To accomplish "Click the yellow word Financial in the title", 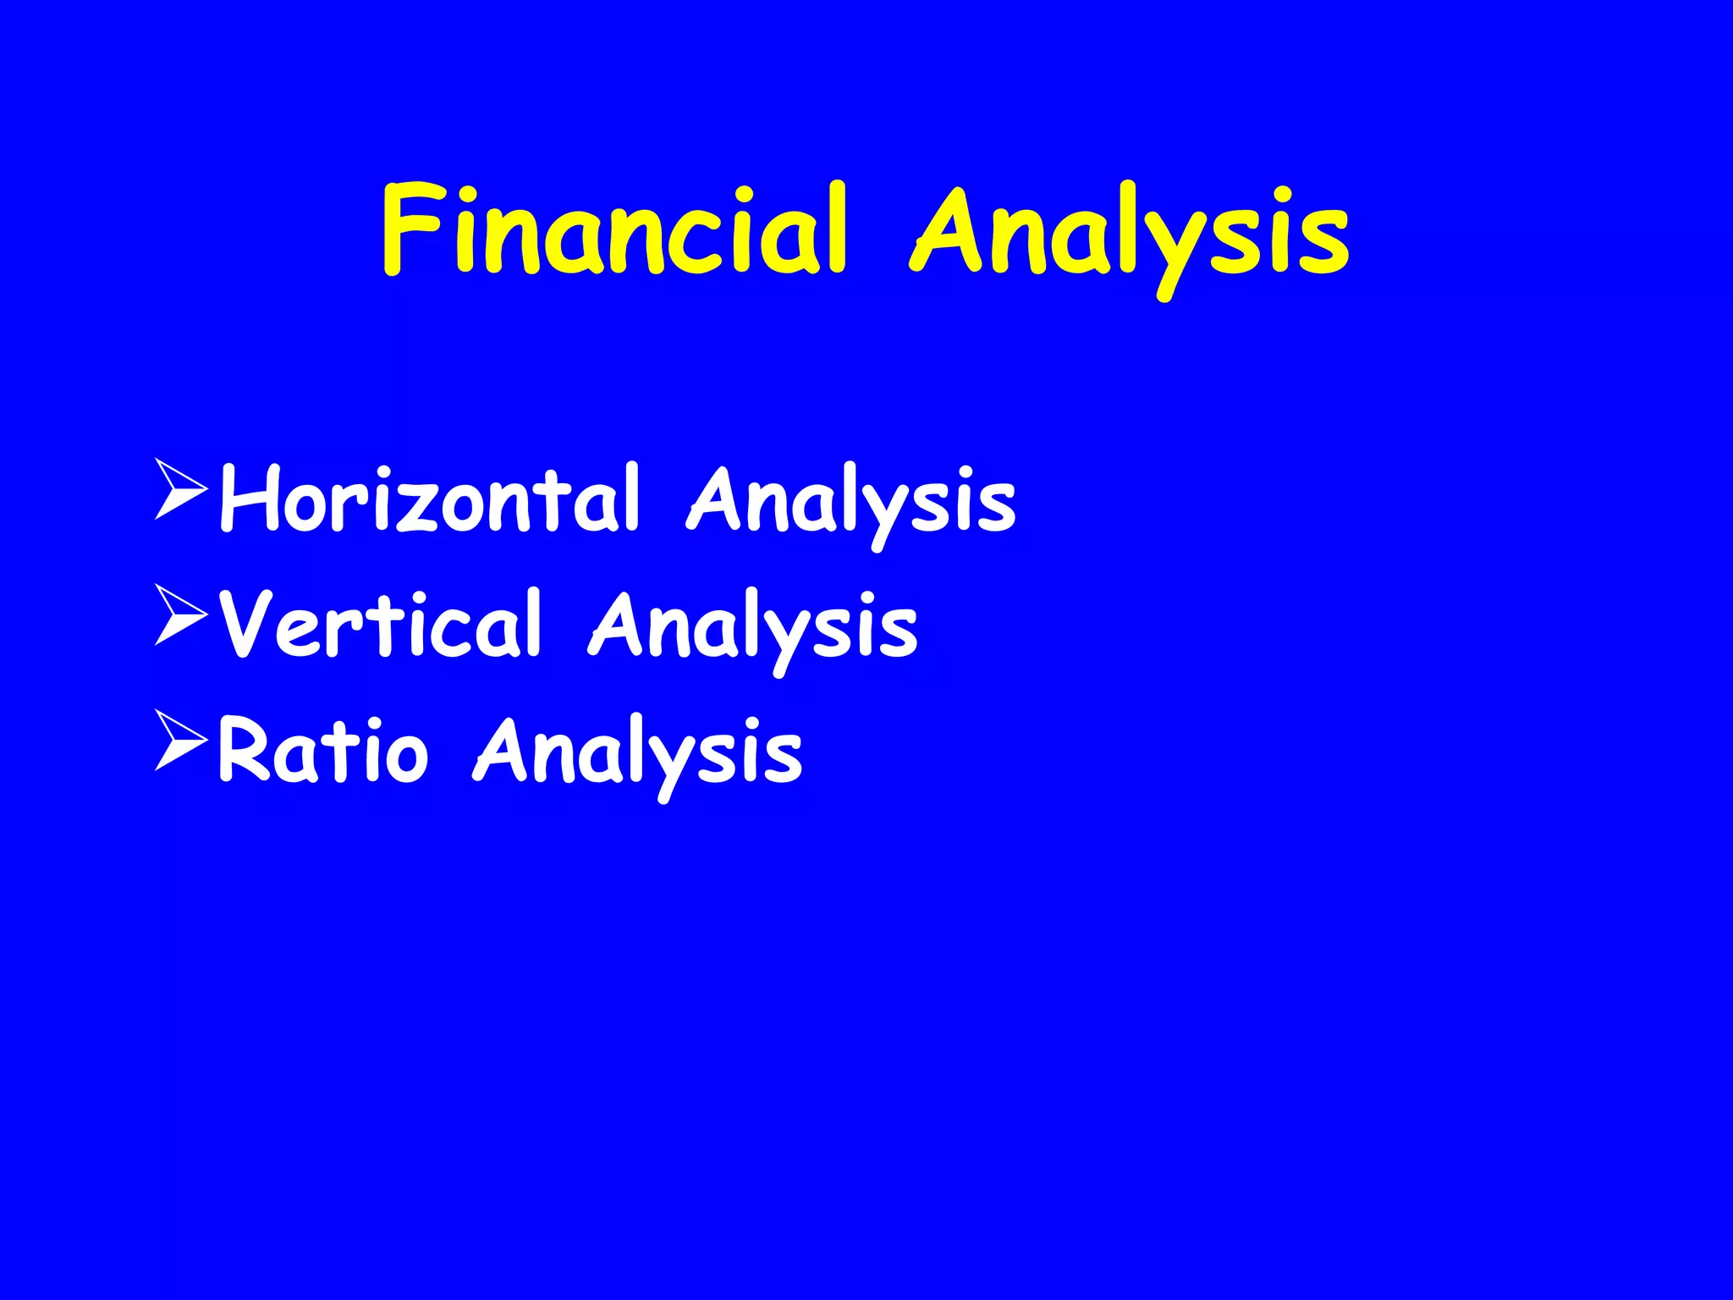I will click(x=613, y=230).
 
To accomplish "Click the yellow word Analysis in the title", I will click(x=1130, y=233).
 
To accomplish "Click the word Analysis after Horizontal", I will click(x=851, y=501).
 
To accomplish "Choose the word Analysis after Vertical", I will click(x=753, y=626).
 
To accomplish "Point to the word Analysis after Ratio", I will click(x=638, y=752).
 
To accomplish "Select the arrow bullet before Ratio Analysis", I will click(x=180, y=741).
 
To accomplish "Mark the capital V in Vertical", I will click(x=247, y=624).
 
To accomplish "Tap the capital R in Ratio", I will click(x=245, y=750).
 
